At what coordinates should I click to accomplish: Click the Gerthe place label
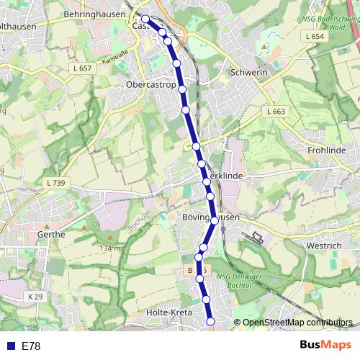pyautogui.click(x=50, y=234)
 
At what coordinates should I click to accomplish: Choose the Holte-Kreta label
pyautogui.click(x=168, y=312)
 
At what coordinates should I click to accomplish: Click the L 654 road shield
pyautogui.click(x=315, y=36)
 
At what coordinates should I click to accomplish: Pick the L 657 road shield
pyautogui.click(x=84, y=68)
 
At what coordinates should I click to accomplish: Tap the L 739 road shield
pyautogui.click(x=54, y=184)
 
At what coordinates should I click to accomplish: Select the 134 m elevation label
pyautogui.click(x=110, y=248)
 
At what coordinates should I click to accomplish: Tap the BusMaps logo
pyautogui.click(x=326, y=346)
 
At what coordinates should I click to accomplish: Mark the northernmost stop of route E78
pyautogui.click(x=145, y=19)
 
